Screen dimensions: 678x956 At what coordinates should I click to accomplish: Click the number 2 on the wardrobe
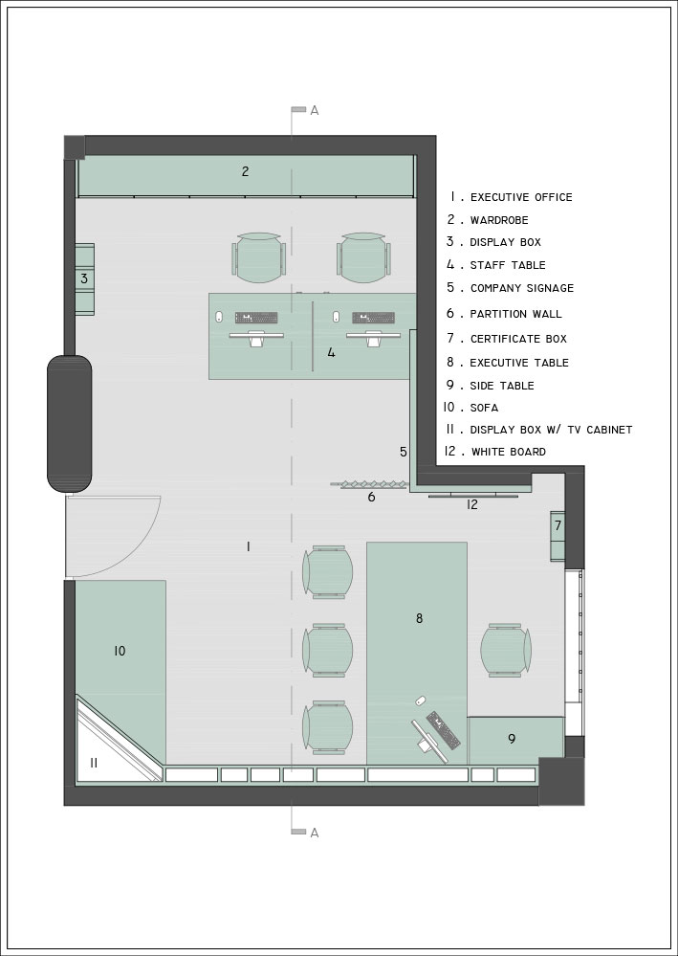click(245, 171)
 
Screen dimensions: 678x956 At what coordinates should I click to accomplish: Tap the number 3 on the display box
click(84, 278)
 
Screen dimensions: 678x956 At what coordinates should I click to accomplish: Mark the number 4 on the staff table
click(332, 352)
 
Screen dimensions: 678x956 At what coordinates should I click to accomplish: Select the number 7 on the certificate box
click(558, 525)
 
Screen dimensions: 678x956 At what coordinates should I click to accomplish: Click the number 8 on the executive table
click(419, 618)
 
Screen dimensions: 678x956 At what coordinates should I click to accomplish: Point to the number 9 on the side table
click(512, 739)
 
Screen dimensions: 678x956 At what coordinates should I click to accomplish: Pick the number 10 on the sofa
click(120, 651)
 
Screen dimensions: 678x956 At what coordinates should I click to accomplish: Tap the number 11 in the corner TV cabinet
click(94, 763)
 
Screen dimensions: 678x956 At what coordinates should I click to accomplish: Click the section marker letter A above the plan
click(315, 110)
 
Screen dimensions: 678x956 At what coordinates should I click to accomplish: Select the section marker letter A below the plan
click(315, 833)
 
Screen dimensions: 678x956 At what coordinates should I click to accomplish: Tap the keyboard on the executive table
click(444, 730)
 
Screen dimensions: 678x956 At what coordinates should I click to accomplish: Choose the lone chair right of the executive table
click(506, 650)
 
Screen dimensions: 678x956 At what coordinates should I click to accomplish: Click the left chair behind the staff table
click(259, 258)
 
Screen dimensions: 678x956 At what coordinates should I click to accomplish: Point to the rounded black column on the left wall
click(70, 424)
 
